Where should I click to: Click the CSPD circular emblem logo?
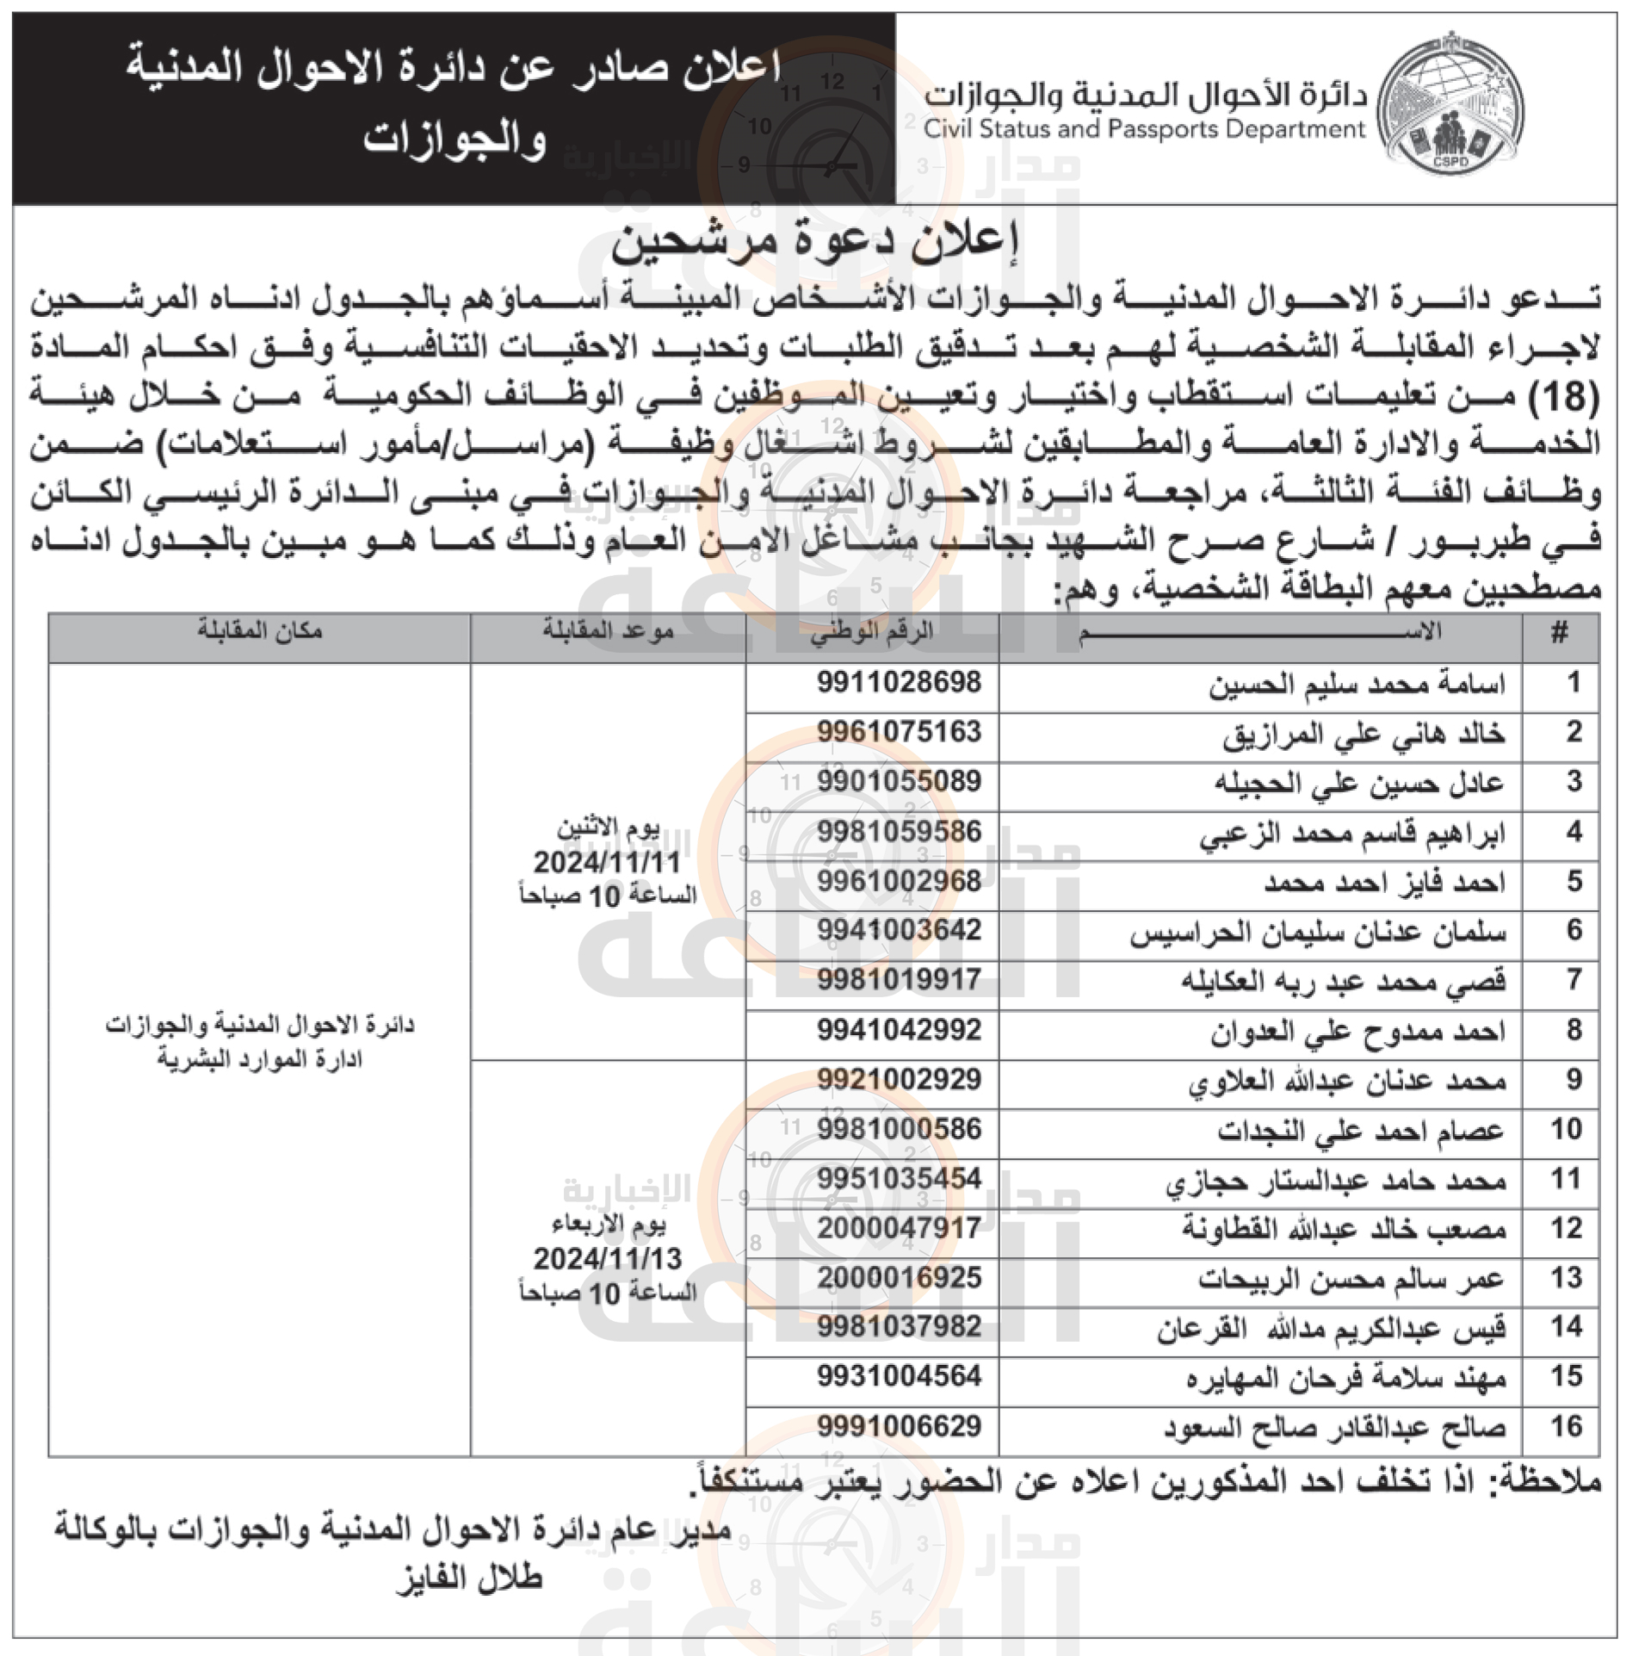[1450, 105]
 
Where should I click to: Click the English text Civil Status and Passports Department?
[1144, 130]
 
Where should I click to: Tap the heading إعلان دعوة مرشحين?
[814, 243]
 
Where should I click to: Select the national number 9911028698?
[899, 683]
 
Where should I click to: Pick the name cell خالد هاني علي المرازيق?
[1364, 734]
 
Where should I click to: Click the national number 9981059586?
[899, 832]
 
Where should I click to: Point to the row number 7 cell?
[1574, 980]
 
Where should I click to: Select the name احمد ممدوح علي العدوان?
[1358, 1031]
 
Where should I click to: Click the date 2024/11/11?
[607, 862]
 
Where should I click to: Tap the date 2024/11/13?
[607, 1259]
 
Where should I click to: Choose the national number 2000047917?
[899, 1228]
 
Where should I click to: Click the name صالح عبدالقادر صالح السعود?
[1334, 1428]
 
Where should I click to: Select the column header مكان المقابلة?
[259, 631]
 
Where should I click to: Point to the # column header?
[1559, 634]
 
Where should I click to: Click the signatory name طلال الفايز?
[469, 1578]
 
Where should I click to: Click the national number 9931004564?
[899, 1377]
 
